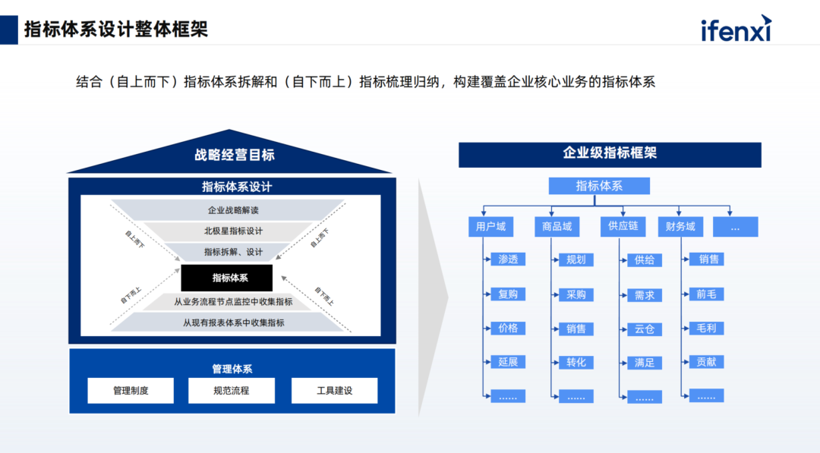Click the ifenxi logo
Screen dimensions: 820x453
[x=736, y=30]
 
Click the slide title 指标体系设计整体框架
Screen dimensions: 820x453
[x=116, y=30]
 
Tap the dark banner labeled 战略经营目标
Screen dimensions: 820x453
[x=234, y=156]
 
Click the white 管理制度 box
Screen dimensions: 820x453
[x=131, y=391]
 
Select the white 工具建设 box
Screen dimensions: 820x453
[x=334, y=391]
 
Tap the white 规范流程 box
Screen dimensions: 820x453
[x=231, y=391]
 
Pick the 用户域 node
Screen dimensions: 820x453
[x=490, y=226]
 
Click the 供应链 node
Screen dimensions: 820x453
[x=623, y=226]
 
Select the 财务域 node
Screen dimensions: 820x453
[x=680, y=226]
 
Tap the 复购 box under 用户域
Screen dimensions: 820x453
[x=508, y=294]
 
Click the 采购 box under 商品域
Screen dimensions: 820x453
[x=576, y=294]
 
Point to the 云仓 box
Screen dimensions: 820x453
[x=644, y=329]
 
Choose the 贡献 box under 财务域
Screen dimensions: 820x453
[x=705, y=362]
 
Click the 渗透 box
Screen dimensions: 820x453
[x=508, y=260]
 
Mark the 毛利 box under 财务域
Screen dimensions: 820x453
[x=705, y=329]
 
